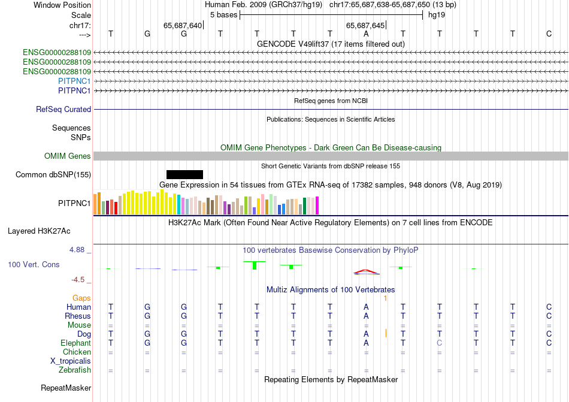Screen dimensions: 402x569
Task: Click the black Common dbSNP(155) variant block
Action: pos(184,174)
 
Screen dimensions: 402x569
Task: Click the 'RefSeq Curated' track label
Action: pos(63,110)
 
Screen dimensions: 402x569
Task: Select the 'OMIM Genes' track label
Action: pos(68,156)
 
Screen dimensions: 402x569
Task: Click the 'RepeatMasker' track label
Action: pos(66,388)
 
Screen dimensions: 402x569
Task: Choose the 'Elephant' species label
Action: pos(75,343)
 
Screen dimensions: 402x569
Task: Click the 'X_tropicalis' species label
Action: pos(71,361)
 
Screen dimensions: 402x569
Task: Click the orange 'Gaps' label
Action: pos(81,298)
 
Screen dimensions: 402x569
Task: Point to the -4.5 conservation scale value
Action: pos(78,279)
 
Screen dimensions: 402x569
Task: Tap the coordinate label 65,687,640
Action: pos(183,25)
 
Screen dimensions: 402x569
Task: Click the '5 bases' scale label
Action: pos(223,14)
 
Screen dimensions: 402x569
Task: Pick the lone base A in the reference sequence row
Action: pos(366,34)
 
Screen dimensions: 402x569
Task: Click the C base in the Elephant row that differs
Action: pos(439,343)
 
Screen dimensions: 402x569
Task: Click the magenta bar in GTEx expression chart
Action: pos(317,205)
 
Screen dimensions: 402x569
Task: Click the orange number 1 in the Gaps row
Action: pos(386,298)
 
